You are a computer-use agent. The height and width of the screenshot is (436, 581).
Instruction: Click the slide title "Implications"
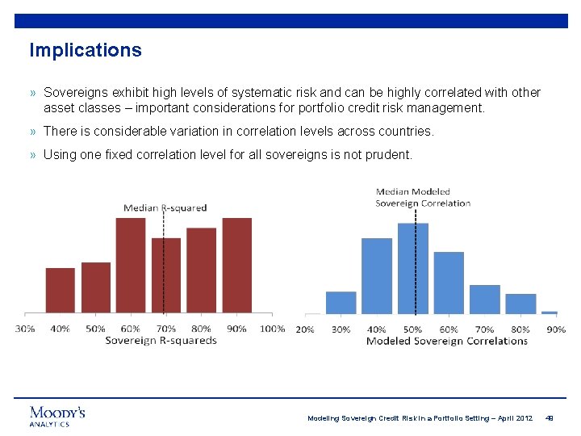pos(86,50)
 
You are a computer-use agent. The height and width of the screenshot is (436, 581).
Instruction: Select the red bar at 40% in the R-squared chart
pos(61,291)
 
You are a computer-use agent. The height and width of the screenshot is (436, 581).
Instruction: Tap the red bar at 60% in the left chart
pos(131,266)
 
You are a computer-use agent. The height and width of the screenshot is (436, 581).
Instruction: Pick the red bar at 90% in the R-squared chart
pos(236,266)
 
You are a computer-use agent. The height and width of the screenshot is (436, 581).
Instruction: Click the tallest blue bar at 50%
pos(413,269)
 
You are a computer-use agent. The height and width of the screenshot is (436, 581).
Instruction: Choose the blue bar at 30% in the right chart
pos(341,303)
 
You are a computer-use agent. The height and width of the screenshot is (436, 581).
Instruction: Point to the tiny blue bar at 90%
pos(550,312)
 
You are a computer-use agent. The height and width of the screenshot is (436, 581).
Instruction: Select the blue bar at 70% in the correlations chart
pos(485,300)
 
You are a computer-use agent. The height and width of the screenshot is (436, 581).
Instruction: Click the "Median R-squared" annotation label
pos(165,208)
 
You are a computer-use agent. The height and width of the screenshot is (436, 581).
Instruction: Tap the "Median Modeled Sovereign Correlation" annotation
pos(423,198)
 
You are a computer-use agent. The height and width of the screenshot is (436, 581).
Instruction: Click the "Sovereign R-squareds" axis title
pos(161,341)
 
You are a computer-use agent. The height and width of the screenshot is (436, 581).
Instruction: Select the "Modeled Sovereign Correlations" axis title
pos(447,342)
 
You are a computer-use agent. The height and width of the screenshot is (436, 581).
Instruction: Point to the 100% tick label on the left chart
pos(273,329)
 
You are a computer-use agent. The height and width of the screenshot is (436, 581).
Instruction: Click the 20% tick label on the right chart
pos(305,329)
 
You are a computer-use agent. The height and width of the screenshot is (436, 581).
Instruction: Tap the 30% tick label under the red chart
pos(25,329)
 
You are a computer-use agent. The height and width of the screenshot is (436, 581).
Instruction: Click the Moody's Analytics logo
pos(57,416)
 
